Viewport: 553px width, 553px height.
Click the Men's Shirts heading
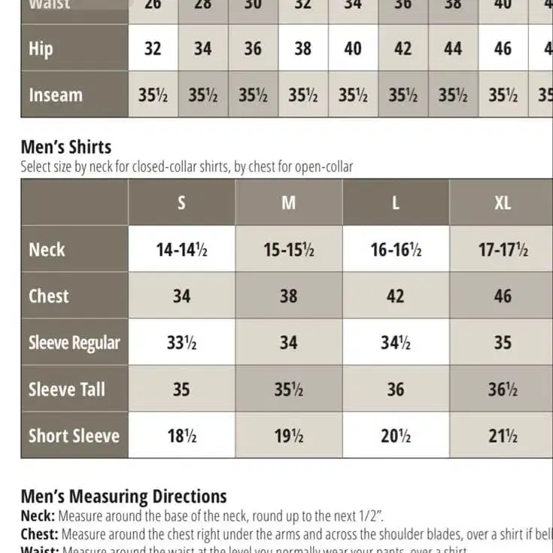click(x=66, y=147)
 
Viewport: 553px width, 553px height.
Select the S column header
click(x=181, y=203)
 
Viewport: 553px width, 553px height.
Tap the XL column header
click(x=503, y=203)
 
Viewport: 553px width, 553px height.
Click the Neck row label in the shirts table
click(x=47, y=250)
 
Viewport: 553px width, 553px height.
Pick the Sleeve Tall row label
click(x=66, y=390)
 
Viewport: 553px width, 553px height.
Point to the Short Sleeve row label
click(x=74, y=436)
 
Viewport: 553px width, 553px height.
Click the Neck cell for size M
click(x=289, y=250)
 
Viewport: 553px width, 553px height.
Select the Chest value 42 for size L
click(x=396, y=296)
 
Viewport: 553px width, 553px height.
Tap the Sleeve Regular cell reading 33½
click(x=181, y=343)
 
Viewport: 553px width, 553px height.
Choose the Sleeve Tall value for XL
click(x=503, y=390)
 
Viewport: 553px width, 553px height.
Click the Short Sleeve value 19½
click(x=289, y=436)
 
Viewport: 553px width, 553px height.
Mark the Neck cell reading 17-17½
click(x=503, y=250)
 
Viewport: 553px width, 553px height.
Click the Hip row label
click(x=41, y=49)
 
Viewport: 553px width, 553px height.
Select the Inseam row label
click(x=56, y=96)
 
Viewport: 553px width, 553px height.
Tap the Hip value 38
click(x=302, y=49)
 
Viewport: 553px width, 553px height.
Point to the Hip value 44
click(x=453, y=49)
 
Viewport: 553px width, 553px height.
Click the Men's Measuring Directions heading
click(x=123, y=497)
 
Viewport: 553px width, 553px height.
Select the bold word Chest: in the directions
click(x=40, y=534)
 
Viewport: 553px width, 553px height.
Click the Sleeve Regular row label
click(x=74, y=343)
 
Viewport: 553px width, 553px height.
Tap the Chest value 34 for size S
click(x=181, y=296)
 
